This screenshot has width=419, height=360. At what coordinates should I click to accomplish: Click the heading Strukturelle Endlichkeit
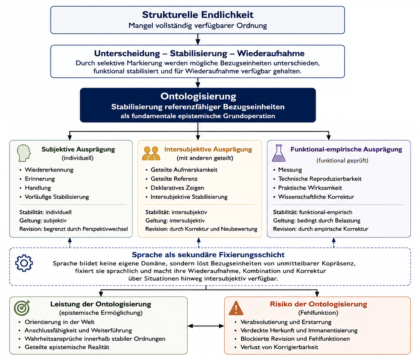(198, 15)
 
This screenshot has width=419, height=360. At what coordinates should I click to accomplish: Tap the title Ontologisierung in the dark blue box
(198, 96)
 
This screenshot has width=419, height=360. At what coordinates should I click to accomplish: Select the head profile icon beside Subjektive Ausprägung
(24, 153)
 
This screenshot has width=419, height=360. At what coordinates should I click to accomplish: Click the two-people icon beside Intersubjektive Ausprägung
(151, 153)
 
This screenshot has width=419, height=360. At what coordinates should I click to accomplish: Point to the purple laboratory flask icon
(279, 153)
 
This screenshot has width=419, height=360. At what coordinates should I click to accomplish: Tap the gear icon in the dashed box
(24, 263)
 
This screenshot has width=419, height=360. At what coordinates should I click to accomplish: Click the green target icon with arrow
(22, 308)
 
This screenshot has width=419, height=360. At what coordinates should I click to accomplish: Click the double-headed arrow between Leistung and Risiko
(206, 326)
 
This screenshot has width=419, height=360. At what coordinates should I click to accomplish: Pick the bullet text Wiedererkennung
(49, 170)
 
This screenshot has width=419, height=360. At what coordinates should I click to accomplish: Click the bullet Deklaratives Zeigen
(177, 188)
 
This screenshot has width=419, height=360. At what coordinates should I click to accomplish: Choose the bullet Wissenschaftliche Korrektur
(316, 197)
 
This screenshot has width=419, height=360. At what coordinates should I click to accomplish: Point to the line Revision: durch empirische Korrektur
(320, 229)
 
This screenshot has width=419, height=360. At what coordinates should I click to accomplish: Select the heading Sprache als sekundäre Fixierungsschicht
(208, 255)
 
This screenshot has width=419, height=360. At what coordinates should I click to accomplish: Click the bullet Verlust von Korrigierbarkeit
(279, 347)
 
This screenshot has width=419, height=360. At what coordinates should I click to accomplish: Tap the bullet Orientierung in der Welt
(59, 322)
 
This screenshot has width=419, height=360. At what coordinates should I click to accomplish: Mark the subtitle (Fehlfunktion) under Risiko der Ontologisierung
(318, 313)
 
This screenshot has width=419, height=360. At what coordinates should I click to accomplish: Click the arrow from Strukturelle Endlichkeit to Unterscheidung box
(198, 39)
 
